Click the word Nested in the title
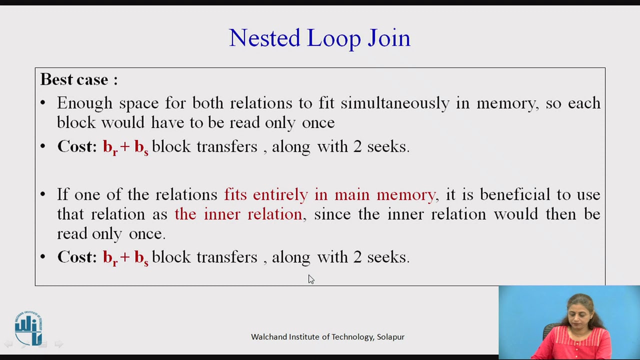264,38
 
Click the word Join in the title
389,38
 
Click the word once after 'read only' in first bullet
318,122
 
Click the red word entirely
280,194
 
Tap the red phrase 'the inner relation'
238,214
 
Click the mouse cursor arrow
310,278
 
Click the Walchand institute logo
28,328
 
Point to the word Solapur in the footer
390,337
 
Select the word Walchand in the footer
268,337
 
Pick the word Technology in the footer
352,337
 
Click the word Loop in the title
333,38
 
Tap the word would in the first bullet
124,122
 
